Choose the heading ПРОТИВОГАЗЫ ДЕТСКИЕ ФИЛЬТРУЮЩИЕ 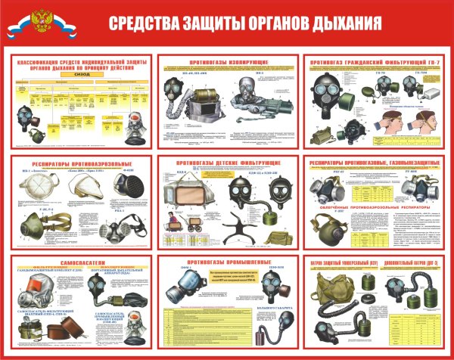tap(226, 163)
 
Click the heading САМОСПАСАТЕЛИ tap(76, 262)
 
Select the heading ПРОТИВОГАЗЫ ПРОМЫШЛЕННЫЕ tap(225, 262)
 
